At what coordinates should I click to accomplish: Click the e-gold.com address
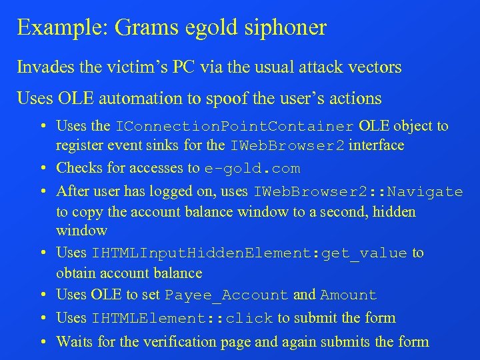pos(252,169)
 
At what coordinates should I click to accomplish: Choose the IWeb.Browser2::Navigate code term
pos(358,192)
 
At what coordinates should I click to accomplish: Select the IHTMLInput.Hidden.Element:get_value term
pos(249,253)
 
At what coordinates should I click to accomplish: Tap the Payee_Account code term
pos(227,295)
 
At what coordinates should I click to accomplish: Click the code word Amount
pos(349,295)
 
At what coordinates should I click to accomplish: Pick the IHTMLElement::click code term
pos(183,319)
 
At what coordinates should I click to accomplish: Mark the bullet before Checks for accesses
pos(43,168)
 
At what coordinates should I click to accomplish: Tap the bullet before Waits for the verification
pos(43,342)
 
